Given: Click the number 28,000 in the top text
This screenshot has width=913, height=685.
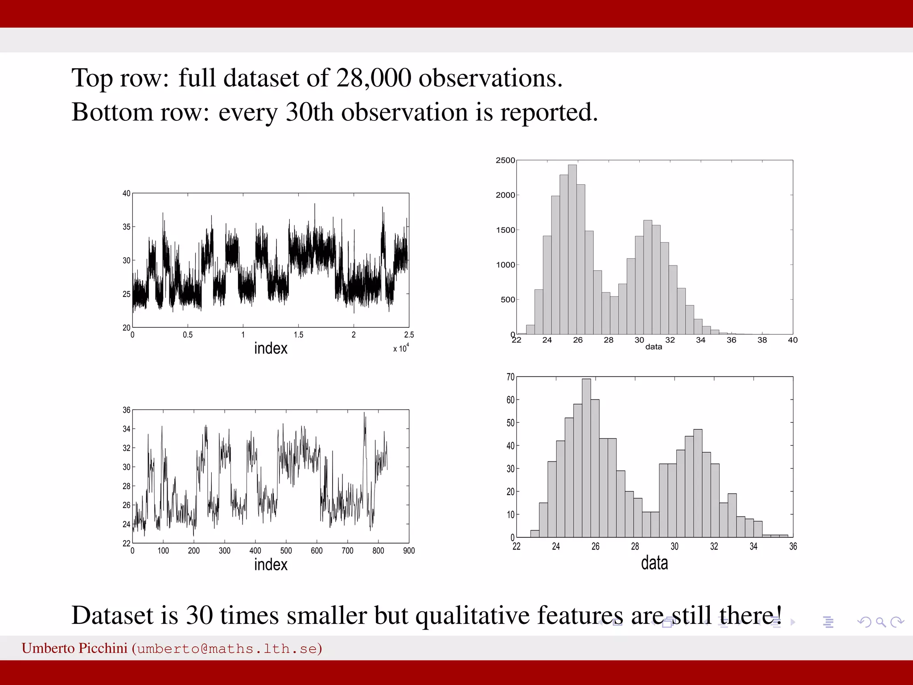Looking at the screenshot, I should point(373,78).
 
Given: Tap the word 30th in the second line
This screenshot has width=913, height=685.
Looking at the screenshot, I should point(309,112).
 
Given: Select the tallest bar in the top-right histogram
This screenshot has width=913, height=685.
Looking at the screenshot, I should point(572,249).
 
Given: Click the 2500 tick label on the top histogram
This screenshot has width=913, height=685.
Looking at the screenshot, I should point(505,161).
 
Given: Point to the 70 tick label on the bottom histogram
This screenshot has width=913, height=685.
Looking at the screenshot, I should point(510,377).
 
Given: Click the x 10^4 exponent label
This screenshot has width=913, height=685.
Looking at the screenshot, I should point(401,348).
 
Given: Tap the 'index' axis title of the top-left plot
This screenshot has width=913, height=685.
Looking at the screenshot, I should point(271,348).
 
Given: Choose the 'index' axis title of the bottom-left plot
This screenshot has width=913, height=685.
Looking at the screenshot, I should point(271,565).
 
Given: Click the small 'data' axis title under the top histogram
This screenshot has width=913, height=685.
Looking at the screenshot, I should point(654,347).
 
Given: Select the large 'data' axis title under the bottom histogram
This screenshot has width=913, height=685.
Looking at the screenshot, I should point(654,563).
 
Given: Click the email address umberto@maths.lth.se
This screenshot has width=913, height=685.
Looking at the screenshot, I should point(227,648).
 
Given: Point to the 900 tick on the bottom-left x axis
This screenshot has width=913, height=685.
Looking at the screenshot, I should point(409,551).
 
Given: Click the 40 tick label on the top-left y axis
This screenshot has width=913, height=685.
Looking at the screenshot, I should point(127,194).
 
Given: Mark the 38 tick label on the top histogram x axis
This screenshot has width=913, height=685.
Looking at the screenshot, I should point(762,340).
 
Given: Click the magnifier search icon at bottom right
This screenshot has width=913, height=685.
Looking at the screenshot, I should point(880,622).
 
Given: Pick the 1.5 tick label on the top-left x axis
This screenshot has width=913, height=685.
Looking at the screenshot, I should point(298,335).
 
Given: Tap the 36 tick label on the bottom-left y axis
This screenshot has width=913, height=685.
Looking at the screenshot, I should point(127,410).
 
